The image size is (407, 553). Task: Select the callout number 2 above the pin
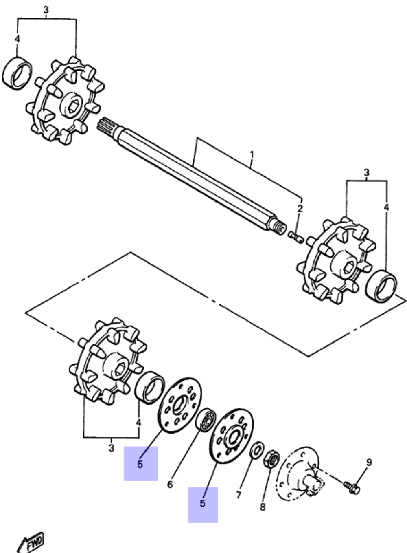[300, 209]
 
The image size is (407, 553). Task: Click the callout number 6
[170, 484]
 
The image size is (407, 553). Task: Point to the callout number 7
[239, 494]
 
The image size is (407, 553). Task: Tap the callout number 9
[369, 462]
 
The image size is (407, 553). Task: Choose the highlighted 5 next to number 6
[203, 504]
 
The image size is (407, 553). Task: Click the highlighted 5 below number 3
[140, 464]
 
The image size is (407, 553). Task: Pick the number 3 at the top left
[46, 9]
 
